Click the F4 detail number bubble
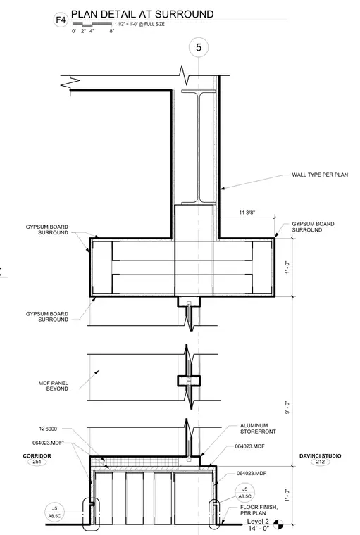click(x=61, y=20)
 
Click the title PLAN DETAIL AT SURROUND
click(x=142, y=14)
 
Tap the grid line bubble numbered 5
click(x=199, y=47)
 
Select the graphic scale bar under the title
click(x=92, y=24)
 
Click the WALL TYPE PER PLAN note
click(x=320, y=175)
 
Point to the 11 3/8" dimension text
click(x=247, y=213)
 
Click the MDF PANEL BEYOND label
click(x=54, y=386)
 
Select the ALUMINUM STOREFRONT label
click(x=258, y=429)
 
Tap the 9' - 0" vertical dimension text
click(x=287, y=408)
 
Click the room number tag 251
click(x=37, y=462)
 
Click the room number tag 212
click(x=321, y=462)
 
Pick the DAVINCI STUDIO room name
click(x=320, y=456)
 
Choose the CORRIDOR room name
click(x=37, y=456)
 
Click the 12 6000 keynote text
click(x=48, y=429)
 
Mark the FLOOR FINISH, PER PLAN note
click(x=259, y=510)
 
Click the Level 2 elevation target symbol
click(x=278, y=524)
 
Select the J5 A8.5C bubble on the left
click(x=54, y=512)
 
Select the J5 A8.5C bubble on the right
click(x=244, y=493)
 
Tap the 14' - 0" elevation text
click(x=259, y=529)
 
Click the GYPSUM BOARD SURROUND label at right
click(x=313, y=227)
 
